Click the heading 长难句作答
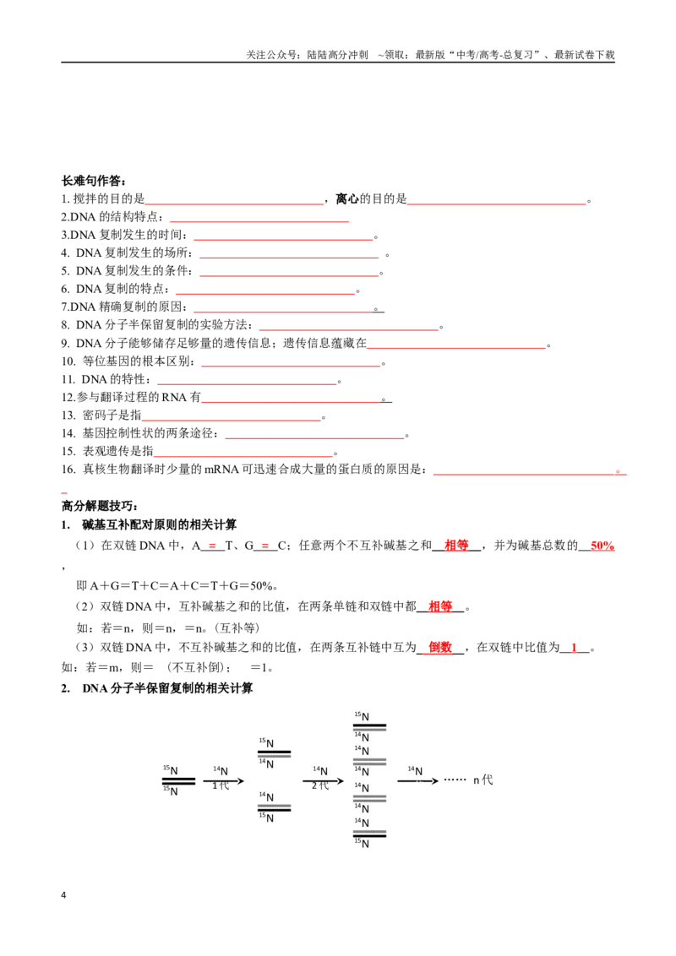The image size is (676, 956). coord(93,181)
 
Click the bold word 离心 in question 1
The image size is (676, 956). coord(347,198)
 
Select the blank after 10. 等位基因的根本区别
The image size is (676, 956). coord(291,366)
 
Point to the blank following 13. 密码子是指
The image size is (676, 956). coord(232,420)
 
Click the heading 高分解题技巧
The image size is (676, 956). coord(99,506)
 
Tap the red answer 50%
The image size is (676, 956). coord(602,546)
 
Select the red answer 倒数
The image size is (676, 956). coord(440,648)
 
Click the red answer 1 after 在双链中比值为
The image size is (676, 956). coord(574,648)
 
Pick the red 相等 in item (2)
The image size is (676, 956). coord(440,606)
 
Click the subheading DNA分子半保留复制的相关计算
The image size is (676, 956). coord(167,688)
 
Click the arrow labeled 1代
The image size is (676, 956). coord(223,781)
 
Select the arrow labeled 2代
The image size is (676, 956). coord(324,781)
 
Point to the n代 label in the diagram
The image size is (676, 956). coord(483,779)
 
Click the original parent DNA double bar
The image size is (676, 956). coord(179,781)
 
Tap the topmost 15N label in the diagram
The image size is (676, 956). coord(362,716)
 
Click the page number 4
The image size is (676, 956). coord(63,895)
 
